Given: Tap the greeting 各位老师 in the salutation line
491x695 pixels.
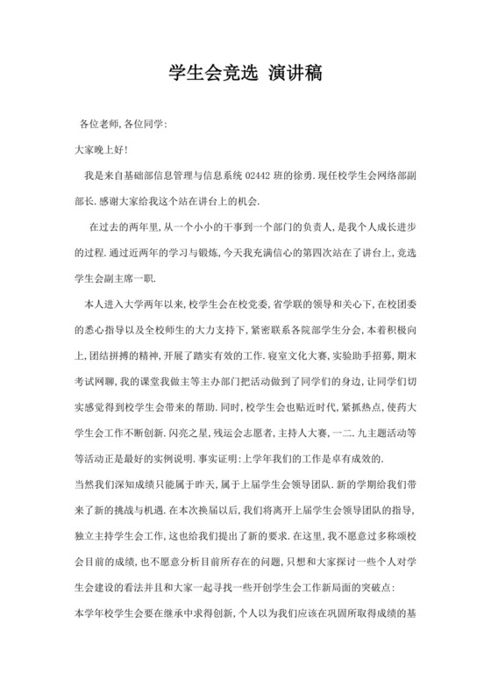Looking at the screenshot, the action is pos(99,125).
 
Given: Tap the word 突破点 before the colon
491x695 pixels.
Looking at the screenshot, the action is pos(394,587).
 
